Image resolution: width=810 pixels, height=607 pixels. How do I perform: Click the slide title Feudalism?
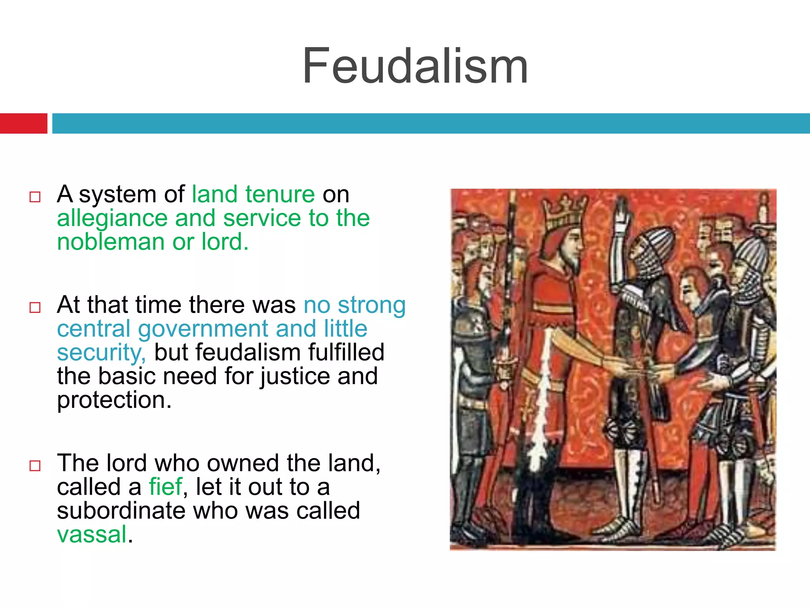point(415,66)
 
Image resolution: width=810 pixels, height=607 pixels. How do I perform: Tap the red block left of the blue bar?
point(23,123)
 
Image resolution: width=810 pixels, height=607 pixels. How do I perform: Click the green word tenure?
point(280,194)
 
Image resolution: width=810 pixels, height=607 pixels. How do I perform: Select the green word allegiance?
point(112,218)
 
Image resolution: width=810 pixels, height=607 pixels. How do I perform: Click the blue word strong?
point(372,305)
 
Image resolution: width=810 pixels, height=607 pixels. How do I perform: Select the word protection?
point(114,400)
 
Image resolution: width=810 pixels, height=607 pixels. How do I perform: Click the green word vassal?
point(92,534)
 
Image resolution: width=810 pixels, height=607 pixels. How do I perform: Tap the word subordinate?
point(121,511)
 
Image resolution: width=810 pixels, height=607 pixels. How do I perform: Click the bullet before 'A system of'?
point(35,197)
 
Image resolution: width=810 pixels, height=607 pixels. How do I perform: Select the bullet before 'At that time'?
point(35,307)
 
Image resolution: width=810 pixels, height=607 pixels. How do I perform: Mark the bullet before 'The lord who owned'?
point(35,466)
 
